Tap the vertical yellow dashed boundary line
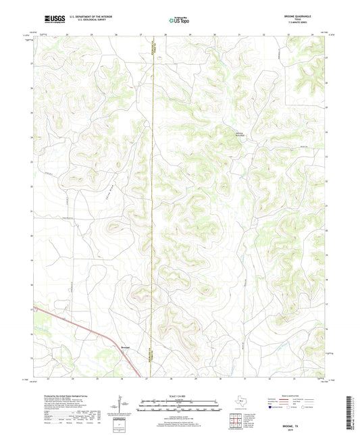[153, 203]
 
